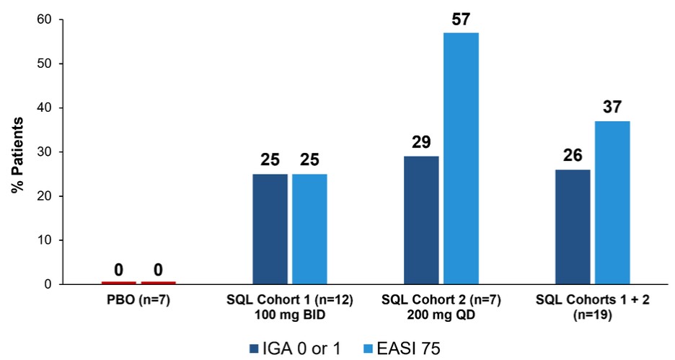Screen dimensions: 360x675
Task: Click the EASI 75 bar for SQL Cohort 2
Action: click(461, 158)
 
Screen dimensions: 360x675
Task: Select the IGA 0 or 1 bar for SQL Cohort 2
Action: click(421, 220)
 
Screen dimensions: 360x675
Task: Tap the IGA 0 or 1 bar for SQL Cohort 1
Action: click(270, 229)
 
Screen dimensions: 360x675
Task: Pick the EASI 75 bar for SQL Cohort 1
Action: click(309, 229)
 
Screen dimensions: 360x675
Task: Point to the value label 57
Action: click(461, 19)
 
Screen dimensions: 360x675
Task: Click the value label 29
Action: click(421, 142)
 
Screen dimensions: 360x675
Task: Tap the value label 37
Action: click(612, 107)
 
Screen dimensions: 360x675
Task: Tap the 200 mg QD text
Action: click(441, 315)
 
